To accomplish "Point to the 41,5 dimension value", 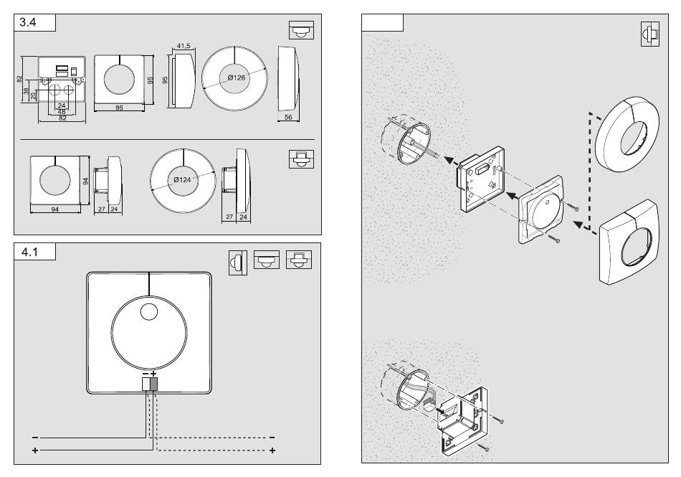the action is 183,46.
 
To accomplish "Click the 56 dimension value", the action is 287,116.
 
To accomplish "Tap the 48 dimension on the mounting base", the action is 61,111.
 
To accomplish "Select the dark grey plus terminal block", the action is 153,384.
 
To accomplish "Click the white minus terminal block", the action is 146,384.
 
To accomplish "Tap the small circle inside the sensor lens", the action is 148,312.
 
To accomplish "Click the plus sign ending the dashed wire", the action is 272,450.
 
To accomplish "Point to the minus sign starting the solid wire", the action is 33,437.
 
